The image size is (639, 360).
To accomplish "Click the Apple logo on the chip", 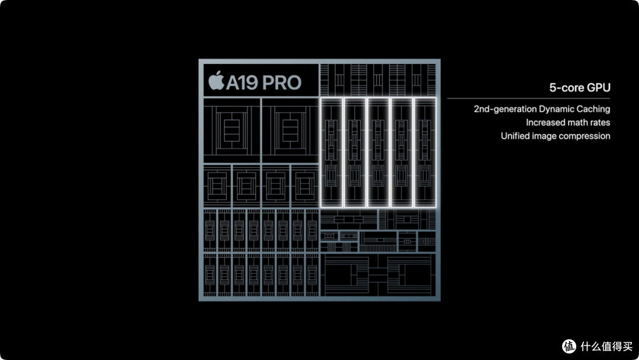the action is [217, 80].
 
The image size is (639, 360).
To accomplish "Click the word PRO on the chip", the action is [282, 83].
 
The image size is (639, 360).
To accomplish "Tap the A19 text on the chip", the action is [242, 83].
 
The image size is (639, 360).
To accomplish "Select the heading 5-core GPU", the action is [579, 88].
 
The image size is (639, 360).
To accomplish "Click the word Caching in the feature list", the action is [593, 110].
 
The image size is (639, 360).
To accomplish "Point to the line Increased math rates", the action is [567, 123].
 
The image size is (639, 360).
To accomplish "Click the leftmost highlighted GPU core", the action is [332, 153].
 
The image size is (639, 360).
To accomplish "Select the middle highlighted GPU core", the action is [379, 153].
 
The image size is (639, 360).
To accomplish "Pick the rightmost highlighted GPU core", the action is [425, 153].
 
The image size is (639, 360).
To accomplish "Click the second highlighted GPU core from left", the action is [355, 153].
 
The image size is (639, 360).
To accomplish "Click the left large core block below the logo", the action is [231, 130].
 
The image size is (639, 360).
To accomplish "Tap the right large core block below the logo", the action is [290, 130].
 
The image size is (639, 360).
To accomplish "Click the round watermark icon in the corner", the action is [569, 346].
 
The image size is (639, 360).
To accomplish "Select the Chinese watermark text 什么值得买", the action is [606, 346].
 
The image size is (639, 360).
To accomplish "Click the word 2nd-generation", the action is [505, 110].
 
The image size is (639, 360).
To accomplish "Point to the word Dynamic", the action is [556, 110].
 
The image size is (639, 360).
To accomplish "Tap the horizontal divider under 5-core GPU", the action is [528, 98].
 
